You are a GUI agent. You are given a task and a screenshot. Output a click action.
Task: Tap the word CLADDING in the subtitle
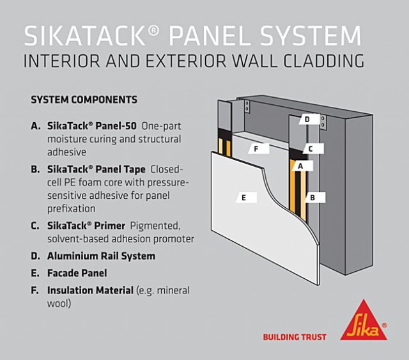coord(319,62)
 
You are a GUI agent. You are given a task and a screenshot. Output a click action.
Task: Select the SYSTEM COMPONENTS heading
coord(84,100)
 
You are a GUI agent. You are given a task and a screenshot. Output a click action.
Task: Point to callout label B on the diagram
coord(313,198)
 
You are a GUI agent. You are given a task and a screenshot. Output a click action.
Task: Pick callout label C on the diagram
coord(311,149)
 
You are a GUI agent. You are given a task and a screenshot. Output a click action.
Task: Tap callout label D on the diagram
coord(307,120)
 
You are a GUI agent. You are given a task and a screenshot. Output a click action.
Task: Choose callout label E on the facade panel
coord(243,198)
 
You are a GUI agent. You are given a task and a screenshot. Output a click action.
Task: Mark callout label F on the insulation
coord(256,149)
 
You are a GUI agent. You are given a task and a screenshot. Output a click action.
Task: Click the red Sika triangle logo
coord(363,320)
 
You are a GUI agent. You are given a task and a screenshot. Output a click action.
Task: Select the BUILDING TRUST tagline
coord(295,337)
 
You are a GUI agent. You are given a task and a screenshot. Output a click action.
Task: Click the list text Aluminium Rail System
coord(101,256)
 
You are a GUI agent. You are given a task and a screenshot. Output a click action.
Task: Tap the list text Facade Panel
coord(77,273)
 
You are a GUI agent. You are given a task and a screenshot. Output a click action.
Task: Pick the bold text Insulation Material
coord(89,290)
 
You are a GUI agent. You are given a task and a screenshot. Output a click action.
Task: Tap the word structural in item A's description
coord(160,139)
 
